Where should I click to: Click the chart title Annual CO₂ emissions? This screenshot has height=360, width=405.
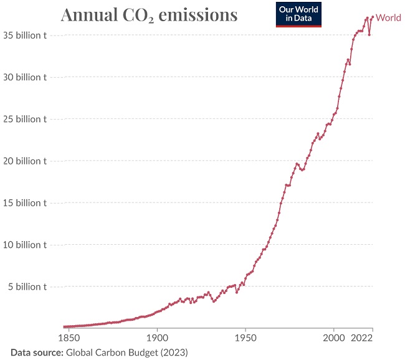(149, 16)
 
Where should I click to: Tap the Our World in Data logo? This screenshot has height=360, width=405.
(299, 14)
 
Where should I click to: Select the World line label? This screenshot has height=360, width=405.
(389, 18)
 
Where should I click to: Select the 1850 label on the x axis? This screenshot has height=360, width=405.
(69, 338)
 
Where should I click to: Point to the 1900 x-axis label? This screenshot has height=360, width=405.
(157, 338)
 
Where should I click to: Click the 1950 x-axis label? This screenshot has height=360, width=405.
(245, 338)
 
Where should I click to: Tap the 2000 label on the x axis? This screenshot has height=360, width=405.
(333, 338)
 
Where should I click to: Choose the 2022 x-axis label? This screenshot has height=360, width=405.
(363, 338)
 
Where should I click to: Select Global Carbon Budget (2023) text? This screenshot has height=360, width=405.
(127, 352)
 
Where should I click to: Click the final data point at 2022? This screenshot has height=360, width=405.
(373, 17)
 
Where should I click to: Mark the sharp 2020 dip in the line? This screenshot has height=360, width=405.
(369, 34)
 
